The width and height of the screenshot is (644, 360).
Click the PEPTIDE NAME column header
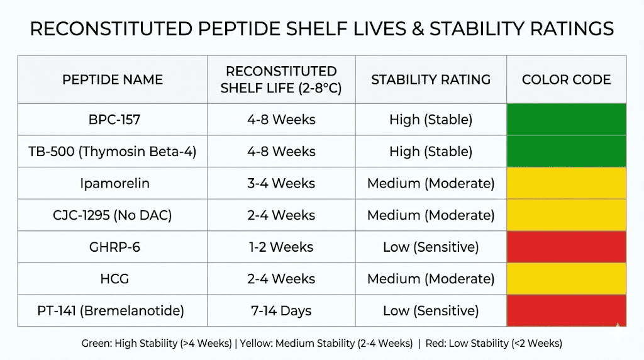point(112,80)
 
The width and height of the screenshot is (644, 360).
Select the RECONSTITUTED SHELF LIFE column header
point(281,80)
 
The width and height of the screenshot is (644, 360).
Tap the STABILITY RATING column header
point(431,80)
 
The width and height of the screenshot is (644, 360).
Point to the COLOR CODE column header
point(566,80)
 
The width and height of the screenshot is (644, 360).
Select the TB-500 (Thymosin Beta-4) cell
point(112,152)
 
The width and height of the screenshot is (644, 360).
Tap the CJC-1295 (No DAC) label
point(112,215)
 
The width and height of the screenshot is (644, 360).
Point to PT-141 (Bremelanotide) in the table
point(112,310)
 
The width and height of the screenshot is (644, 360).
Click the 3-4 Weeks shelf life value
point(281,183)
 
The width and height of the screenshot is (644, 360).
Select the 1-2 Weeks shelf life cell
point(281,247)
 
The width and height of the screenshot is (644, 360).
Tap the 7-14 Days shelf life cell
point(281,310)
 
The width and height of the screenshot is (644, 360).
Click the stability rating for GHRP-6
point(431,247)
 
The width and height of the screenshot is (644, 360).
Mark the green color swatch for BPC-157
point(566,120)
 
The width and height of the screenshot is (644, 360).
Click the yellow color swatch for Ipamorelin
point(566,183)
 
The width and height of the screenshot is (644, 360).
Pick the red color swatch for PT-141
point(566,310)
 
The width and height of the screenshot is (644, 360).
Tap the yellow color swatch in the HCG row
point(566,279)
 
